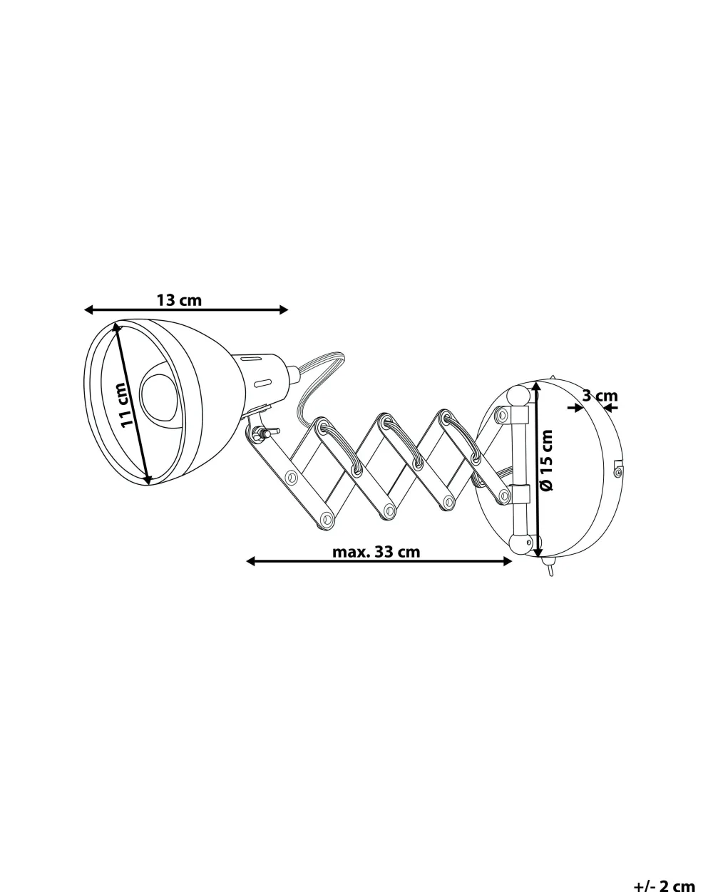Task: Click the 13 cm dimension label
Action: (x=179, y=300)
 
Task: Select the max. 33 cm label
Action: (x=376, y=552)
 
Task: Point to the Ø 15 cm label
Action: (x=547, y=460)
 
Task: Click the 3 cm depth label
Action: (x=600, y=396)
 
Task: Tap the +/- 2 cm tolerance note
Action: (x=664, y=884)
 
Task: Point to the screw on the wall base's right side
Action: (x=618, y=471)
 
